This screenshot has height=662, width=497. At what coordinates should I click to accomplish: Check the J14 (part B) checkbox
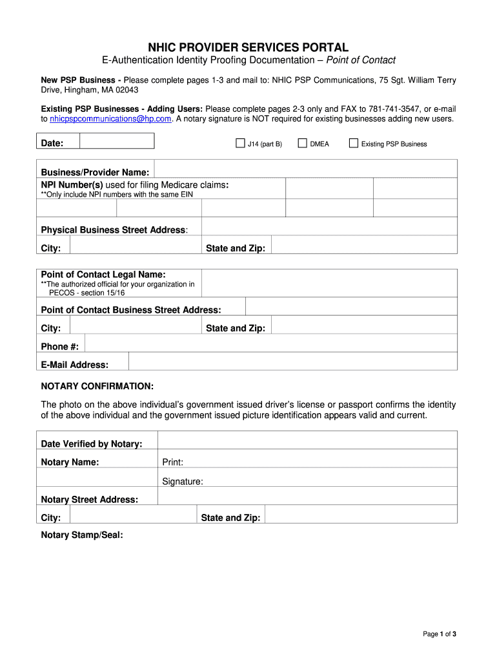[239, 143]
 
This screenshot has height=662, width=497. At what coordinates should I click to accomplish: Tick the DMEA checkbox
[302, 143]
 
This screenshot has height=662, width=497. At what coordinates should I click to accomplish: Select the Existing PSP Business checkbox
[353, 143]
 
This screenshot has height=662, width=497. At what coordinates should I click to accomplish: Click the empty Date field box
[117, 141]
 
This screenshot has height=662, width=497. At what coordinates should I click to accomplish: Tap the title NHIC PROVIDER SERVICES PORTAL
[249, 47]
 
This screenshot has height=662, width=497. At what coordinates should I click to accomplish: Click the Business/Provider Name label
[96, 172]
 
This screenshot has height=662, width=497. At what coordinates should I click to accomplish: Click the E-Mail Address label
[75, 365]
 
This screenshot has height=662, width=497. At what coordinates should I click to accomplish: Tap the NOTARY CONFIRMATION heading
[97, 386]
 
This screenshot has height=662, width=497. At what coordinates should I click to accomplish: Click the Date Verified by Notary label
[92, 443]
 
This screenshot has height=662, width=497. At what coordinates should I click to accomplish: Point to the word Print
[173, 462]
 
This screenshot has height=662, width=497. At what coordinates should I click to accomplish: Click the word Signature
[183, 481]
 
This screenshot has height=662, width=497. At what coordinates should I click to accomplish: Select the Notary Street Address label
[90, 500]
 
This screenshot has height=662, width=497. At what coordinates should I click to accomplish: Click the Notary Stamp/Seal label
[82, 535]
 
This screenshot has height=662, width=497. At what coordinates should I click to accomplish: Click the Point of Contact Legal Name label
[103, 275]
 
